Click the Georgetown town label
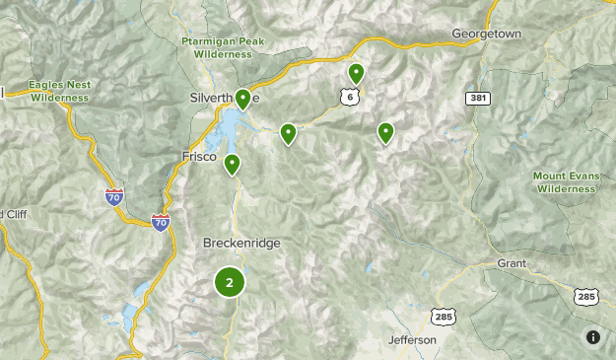[485, 33]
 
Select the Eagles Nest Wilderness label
[59, 92]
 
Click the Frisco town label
[198, 156]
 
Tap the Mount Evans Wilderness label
[566, 181]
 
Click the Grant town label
[512, 263]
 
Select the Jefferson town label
[412, 340]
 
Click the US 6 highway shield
[350, 97]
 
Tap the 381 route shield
[478, 99]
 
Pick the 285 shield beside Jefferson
[443, 316]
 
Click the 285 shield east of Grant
[584, 296]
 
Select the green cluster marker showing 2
[230, 283]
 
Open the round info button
[592, 336]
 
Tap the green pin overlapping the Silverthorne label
[242, 99]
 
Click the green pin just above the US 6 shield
[356, 72]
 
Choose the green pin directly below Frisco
[233, 164]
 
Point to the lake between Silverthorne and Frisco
[235, 125]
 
